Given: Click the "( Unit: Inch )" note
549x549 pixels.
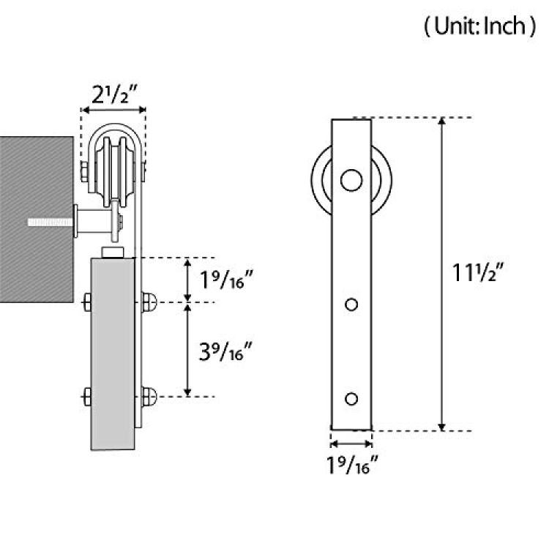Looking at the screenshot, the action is (x=479, y=26).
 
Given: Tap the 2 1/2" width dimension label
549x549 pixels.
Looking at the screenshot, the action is (x=113, y=94).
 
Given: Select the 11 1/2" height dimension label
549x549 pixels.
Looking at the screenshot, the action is (x=477, y=272).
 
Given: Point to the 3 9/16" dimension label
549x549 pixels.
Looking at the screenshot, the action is (x=225, y=351).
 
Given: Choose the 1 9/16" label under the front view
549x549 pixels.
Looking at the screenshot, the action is (x=353, y=464).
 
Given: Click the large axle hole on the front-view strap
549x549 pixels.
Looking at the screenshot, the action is (x=351, y=180).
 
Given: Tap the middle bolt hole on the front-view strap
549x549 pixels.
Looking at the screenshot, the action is (x=351, y=305).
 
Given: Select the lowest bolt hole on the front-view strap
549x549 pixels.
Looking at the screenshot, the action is (x=351, y=398).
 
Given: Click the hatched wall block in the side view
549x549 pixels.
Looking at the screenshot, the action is (x=37, y=219).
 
